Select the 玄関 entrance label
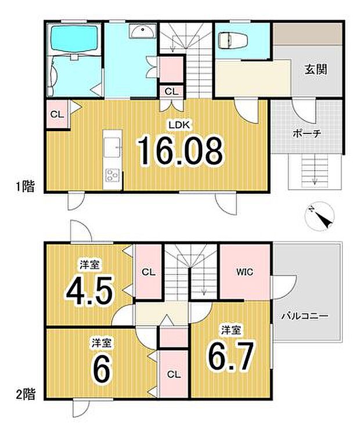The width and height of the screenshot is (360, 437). coord(315,70)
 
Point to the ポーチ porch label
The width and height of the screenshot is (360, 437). coord(307,133)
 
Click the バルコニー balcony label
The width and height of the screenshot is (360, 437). coord(305,317)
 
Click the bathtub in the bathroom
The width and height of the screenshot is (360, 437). coord(74,38)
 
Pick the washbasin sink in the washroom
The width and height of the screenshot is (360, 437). coord(141,31)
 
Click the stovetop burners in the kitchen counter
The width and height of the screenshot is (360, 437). coord(111,175)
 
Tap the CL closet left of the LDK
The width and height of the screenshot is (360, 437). coord(57,114)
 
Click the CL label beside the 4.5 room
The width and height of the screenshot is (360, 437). coord(147,272)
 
